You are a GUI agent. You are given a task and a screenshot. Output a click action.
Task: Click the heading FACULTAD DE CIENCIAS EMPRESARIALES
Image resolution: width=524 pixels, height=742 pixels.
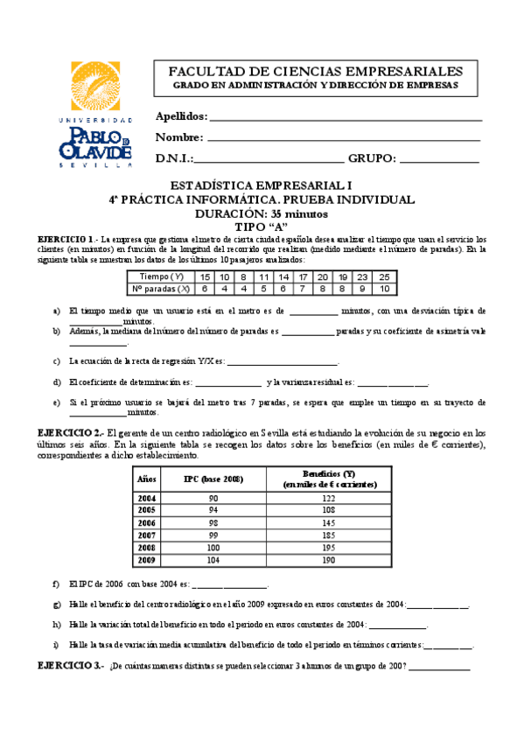pyautogui.click(x=316, y=71)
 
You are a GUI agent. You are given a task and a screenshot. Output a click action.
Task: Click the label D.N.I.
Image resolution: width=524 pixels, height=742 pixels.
pyautogui.click(x=173, y=159)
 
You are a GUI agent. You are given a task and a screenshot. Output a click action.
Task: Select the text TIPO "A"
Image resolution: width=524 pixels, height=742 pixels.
pyautogui.click(x=262, y=226)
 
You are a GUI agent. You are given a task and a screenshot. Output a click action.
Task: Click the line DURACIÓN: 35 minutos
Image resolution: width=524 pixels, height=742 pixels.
pyautogui.click(x=262, y=213)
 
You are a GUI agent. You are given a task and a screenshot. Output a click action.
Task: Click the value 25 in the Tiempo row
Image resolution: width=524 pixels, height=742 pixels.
pyautogui.click(x=384, y=276)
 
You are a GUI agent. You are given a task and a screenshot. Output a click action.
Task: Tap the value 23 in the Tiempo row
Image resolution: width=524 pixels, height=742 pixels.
pyautogui.click(x=362, y=276)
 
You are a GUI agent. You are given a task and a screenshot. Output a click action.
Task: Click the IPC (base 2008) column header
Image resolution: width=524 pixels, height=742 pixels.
pyautogui.click(x=213, y=478)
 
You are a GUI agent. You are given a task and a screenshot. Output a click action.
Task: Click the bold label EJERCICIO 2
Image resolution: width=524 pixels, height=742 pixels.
pyautogui.click(x=69, y=432)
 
